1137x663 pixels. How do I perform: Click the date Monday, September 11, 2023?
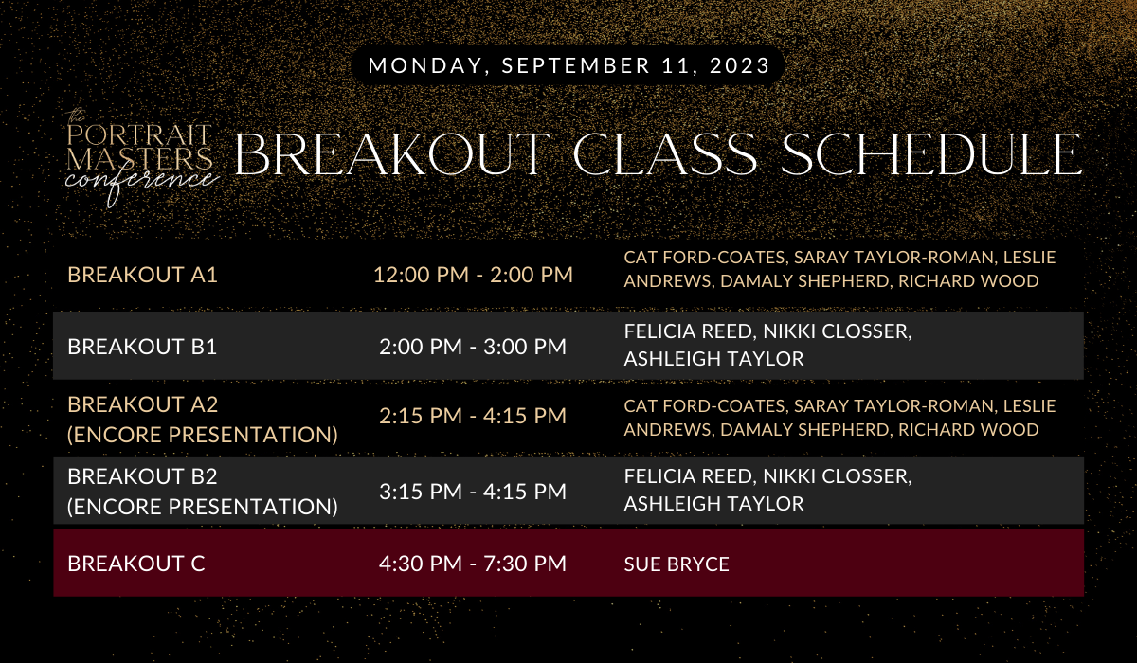click(x=569, y=65)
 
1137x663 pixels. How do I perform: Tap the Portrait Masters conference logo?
click(x=141, y=158)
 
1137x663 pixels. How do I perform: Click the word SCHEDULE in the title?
click(x=931, y=154)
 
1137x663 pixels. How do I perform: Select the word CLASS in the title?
click(x=665, y=154)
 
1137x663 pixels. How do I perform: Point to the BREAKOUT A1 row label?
click(x=142, y=275)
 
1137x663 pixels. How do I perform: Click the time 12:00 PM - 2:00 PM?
click(x=473, y=275)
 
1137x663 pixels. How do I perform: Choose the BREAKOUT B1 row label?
click(x=142, y=347)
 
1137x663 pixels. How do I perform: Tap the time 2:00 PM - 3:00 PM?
click(x=473, y=347)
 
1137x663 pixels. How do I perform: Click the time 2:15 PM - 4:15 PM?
click(x=473, y=416)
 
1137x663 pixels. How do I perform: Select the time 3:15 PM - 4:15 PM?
click(x=473, y=492)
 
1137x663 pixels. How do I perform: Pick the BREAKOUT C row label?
click(x=136, y=564)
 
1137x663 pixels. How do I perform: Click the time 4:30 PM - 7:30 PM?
click(x=473, y=564)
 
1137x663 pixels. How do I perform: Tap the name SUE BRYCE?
click(x=677, y=564)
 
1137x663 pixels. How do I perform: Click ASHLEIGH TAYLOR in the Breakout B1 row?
click(x=713, y=359)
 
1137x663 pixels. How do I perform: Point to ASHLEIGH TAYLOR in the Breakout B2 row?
click(x=713, y=504)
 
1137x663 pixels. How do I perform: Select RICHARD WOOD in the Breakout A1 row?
click(x=968, y=281)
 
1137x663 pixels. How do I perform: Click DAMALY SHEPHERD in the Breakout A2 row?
click(x=804, y=430)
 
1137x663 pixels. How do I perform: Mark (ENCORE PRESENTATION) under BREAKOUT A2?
click(x=203, y=435)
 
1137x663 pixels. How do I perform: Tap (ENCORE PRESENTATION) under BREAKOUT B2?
click(x=203, y=507)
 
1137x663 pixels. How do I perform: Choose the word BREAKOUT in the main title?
click(x=392, y=154)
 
